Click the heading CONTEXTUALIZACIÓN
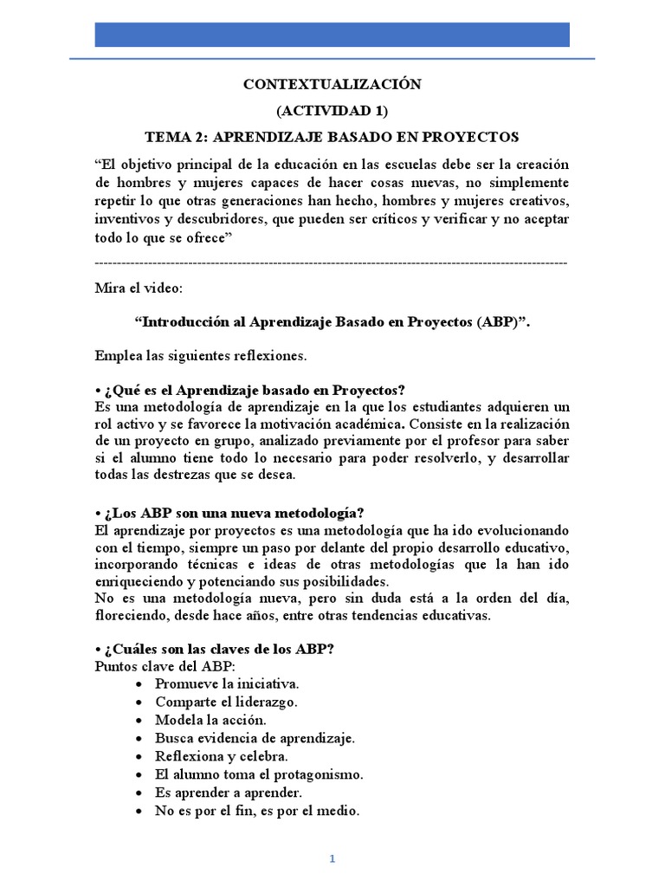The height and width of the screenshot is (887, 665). click(332, 84)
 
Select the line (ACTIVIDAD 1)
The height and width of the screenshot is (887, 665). click(332, 111)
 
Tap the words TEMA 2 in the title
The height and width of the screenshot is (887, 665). click(175, 137)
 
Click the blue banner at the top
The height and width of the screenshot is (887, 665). click(332, 35)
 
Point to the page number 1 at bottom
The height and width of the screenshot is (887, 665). click(332, 858)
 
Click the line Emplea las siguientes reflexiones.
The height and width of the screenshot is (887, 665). click(201, 355)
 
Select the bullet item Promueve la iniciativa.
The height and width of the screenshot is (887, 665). click(227, 683)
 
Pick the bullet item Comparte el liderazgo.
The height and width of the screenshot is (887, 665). click(227, 702)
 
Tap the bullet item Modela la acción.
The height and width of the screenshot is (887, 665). click(210, 720)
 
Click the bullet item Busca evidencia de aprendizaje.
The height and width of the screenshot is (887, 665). click(255, 738)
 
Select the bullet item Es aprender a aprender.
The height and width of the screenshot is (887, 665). click(229, 793)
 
